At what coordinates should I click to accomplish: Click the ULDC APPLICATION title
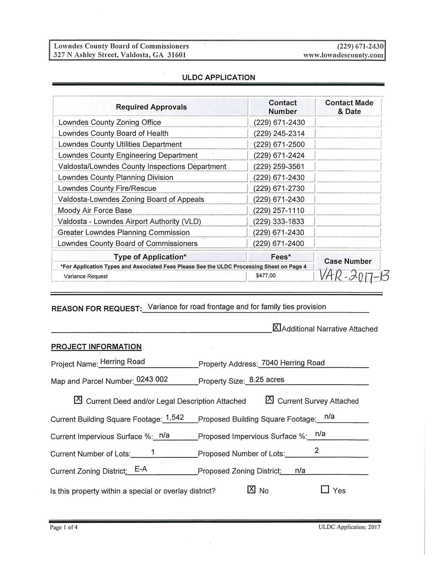tap(218, 77)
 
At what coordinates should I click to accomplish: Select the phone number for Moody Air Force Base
tap(279, 210)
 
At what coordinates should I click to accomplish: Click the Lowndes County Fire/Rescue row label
tap(107, 188)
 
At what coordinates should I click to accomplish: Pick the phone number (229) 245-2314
tap(279, 134)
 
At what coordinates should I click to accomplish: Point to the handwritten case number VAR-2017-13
tap(352, 276)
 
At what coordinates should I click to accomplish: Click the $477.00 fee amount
tap(266, 276)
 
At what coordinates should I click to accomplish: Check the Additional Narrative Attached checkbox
tap(277, 328)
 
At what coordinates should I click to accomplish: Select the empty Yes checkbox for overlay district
tap(325, 489)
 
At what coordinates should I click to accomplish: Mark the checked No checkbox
tap(251, 489)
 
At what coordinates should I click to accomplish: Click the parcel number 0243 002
tap(151, 379)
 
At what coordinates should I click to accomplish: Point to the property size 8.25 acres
tap(267, 380)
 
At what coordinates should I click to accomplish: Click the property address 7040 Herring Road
tap(293, 363)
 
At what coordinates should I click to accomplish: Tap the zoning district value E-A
tap(141, 469)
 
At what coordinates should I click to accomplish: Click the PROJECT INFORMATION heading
tap(96, 347)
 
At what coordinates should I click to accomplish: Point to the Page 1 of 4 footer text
tap(64, 527)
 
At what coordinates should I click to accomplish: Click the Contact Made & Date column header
tap(349, 107)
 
